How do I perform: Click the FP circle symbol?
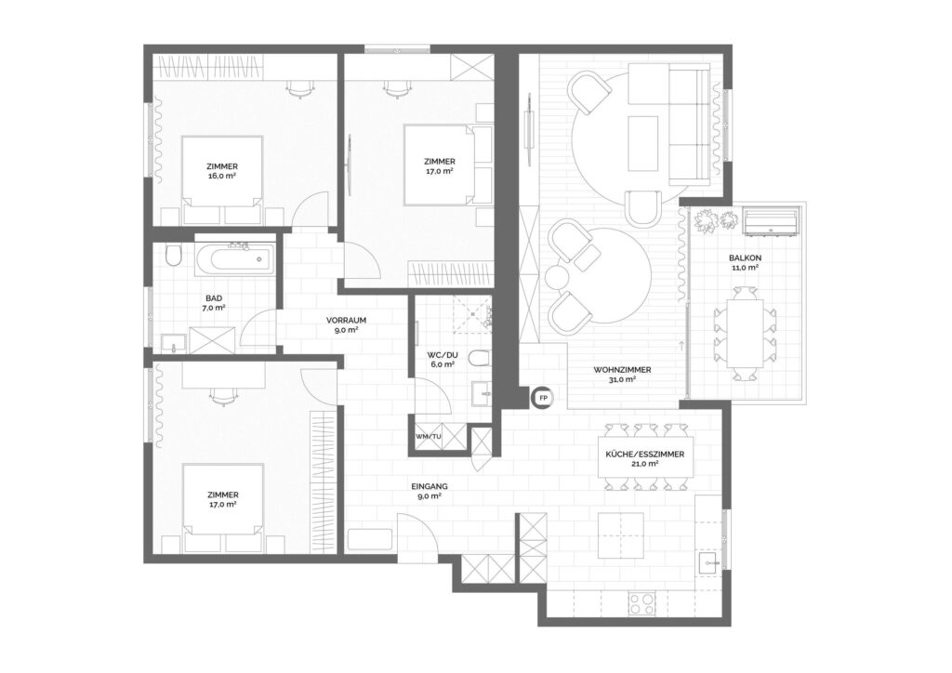point(542,398)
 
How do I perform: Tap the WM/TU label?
point(429,436)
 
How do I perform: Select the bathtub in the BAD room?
point(234,259)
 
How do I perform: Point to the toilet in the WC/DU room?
point(480,358)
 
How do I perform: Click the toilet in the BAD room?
point(173,256)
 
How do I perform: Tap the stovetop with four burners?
point(641,603)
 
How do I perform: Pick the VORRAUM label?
point(346,320)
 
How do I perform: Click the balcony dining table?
point(745,334)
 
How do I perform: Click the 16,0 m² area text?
point(222,176)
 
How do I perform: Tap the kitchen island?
point(620,535)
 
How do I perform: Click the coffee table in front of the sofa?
point(643,144)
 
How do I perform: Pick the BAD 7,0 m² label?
point(214,303)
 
